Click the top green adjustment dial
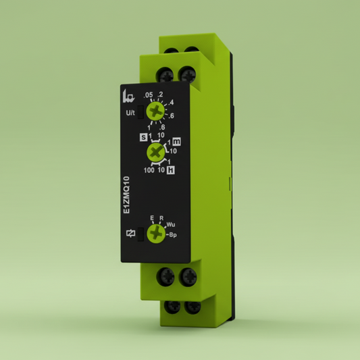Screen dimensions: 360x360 (157, 110)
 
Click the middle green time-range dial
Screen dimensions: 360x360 (157, 154)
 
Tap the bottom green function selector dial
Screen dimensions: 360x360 (157, 233)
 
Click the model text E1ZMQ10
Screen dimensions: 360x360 (127, 197)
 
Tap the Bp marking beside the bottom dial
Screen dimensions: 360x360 (173, 234)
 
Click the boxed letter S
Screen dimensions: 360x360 (143, 137)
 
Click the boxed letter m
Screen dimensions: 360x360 (177, 142)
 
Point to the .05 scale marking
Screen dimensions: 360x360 (149, 95)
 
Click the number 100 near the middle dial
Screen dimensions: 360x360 (149, 170)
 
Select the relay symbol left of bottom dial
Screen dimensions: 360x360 (130, 233)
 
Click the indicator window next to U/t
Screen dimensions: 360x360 (140, 111)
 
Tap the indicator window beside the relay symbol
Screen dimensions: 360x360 (140, 233)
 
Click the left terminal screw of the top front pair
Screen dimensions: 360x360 (165, 72)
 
